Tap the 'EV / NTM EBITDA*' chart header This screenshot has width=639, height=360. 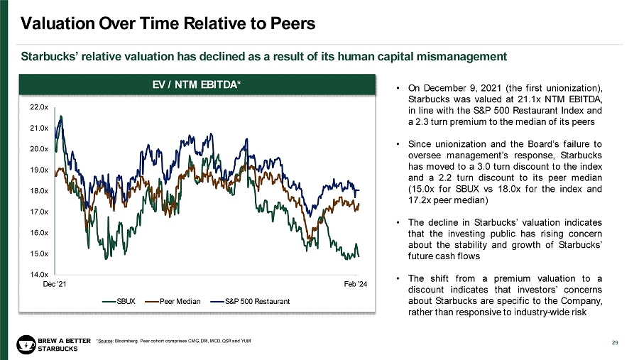click(x=197, y=85)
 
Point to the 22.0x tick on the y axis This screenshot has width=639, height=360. click(x=39, y=107)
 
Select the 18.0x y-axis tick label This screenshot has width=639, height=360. click(x=39, y=191)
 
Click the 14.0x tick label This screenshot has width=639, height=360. click(x=39, y=274)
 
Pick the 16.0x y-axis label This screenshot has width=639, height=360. click(x=39, y=233)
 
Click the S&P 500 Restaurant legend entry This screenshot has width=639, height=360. click(x=253, y=302)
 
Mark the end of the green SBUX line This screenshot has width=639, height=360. click(x=359, y=256)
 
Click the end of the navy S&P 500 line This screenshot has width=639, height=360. click(x=359, y=190)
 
